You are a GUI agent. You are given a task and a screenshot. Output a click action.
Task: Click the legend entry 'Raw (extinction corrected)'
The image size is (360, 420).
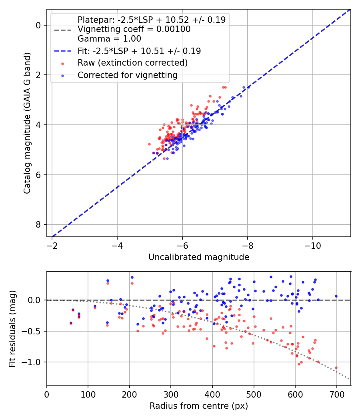(132, 63)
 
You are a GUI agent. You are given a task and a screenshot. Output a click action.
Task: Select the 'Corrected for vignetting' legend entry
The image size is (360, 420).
(127, 75)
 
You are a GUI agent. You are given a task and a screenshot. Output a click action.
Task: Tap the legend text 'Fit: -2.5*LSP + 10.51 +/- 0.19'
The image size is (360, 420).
(139, 51)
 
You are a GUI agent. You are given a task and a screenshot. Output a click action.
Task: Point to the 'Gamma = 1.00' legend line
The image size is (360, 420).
(109, 39)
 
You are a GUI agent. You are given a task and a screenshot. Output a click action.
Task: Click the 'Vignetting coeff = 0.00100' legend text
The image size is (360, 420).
(134, 29)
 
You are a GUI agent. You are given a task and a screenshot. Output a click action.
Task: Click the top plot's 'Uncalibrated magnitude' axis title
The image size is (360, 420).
(199, 257)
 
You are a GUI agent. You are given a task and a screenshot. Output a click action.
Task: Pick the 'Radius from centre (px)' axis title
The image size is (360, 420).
(199, 406)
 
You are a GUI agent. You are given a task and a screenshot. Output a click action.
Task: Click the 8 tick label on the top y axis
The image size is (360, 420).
(39, 224)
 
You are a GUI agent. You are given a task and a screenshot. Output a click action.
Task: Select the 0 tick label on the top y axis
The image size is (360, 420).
(39, 25)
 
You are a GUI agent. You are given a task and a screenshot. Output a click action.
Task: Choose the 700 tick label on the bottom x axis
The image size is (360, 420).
(336, 394)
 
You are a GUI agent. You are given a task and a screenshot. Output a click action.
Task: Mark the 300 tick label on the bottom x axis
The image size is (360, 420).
(171, 394)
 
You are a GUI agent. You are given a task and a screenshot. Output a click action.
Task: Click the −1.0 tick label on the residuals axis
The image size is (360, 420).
(33, 362)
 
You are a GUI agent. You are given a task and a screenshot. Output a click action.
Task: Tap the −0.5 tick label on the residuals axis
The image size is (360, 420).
(33, 331)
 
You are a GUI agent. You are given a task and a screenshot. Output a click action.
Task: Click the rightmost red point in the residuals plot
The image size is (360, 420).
(336, 368)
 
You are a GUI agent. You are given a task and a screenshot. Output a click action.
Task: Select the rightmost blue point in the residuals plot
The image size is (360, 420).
(336, 296)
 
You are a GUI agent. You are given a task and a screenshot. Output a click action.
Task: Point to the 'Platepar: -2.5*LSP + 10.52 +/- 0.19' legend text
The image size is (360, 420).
(151, 20)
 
